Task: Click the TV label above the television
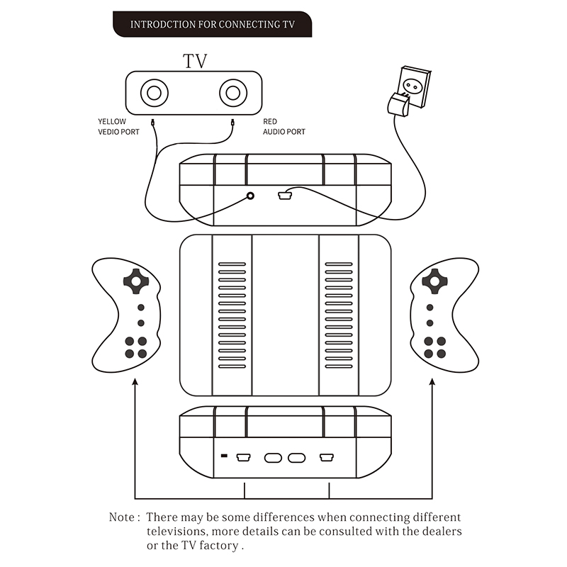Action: pos(195,61)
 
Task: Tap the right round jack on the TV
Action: pos(232,93)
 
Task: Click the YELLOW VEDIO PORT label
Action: pos(119,126)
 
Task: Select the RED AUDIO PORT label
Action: pos(283,126)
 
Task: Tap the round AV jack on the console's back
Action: pos(249,196)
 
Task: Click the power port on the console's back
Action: pos(285,195)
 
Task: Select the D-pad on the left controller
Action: pos(136,281)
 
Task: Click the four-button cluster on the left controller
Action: pos(136,347)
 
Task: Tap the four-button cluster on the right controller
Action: pos(434,347)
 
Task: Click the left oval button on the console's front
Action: pos(273,458)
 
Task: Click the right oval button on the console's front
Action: pos(296,458)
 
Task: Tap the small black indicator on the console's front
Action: pos(225,456)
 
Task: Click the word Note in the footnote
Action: pos(123,518)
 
